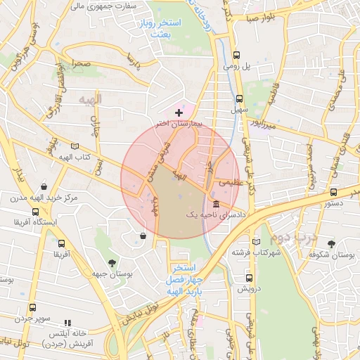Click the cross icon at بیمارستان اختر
(179, 112)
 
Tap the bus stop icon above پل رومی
(237, 54)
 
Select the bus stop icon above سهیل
(240, 99)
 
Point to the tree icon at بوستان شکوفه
(330, 243)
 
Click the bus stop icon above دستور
(333, 191)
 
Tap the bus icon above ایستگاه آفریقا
(35, 212)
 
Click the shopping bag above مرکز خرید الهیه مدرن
(44, 188)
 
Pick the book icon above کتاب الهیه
(75, 146)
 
